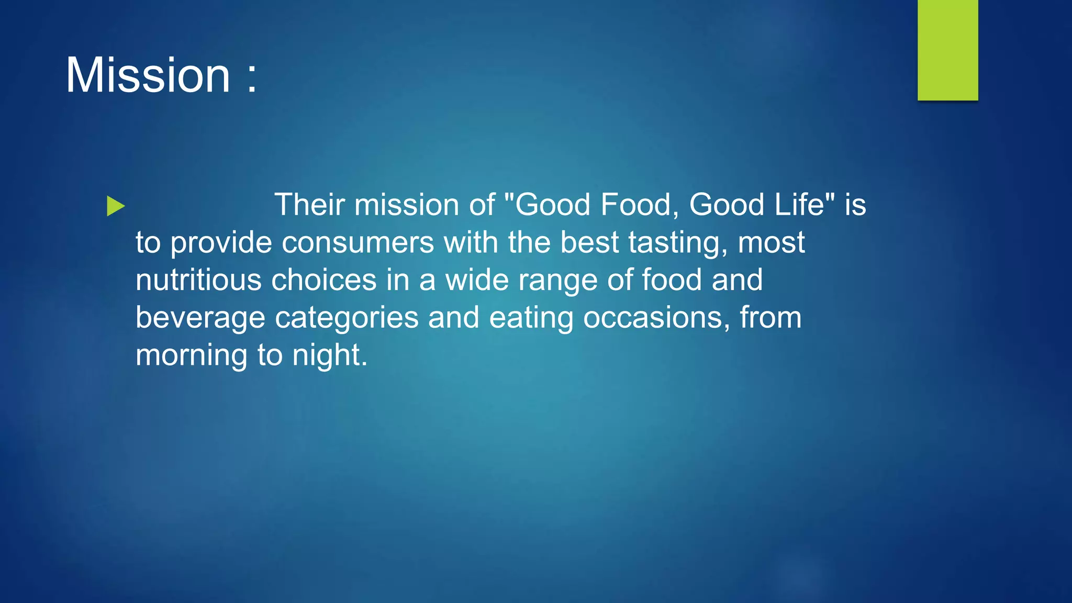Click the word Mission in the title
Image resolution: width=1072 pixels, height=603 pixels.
coord(148,75)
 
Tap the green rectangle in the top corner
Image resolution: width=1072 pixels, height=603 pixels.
coord(947,50)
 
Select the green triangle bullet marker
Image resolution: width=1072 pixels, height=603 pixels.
coord(116,206)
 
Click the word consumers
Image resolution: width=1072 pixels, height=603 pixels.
coord(358,242)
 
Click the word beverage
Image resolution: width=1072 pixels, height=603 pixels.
coord(200,318)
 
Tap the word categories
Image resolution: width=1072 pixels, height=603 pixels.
coord(347,318)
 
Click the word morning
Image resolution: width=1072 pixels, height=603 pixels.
coord(192,355)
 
